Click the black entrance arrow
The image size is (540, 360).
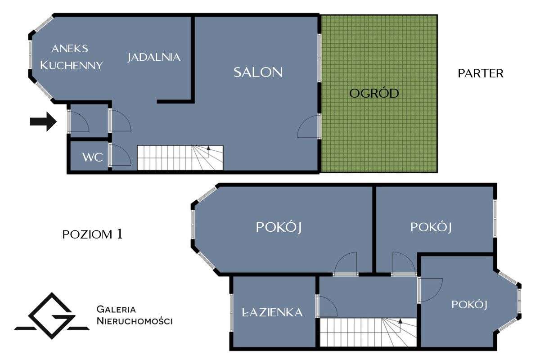pos(43,121)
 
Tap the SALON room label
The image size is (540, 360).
pos(258,72)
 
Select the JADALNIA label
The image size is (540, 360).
pos(154,58)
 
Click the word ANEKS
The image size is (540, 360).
pos(70,49)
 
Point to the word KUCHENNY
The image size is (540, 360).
pos(72,65)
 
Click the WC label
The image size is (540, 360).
pos(93,157)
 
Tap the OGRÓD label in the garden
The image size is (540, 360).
pos(374,93)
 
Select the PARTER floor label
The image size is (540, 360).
pos(481,73)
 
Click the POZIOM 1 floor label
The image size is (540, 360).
pos(93,234)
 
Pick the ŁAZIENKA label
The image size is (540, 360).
pos(272,312)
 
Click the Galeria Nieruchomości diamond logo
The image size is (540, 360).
pos(52,316)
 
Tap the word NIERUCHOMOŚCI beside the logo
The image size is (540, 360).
pos(135,321)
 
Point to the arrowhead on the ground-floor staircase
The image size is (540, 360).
pos(208,148)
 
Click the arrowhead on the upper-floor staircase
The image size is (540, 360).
pos(400,321)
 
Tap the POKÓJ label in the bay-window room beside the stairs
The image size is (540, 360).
pos(469,305)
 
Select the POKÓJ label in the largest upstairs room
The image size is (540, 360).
pos(279,227)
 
